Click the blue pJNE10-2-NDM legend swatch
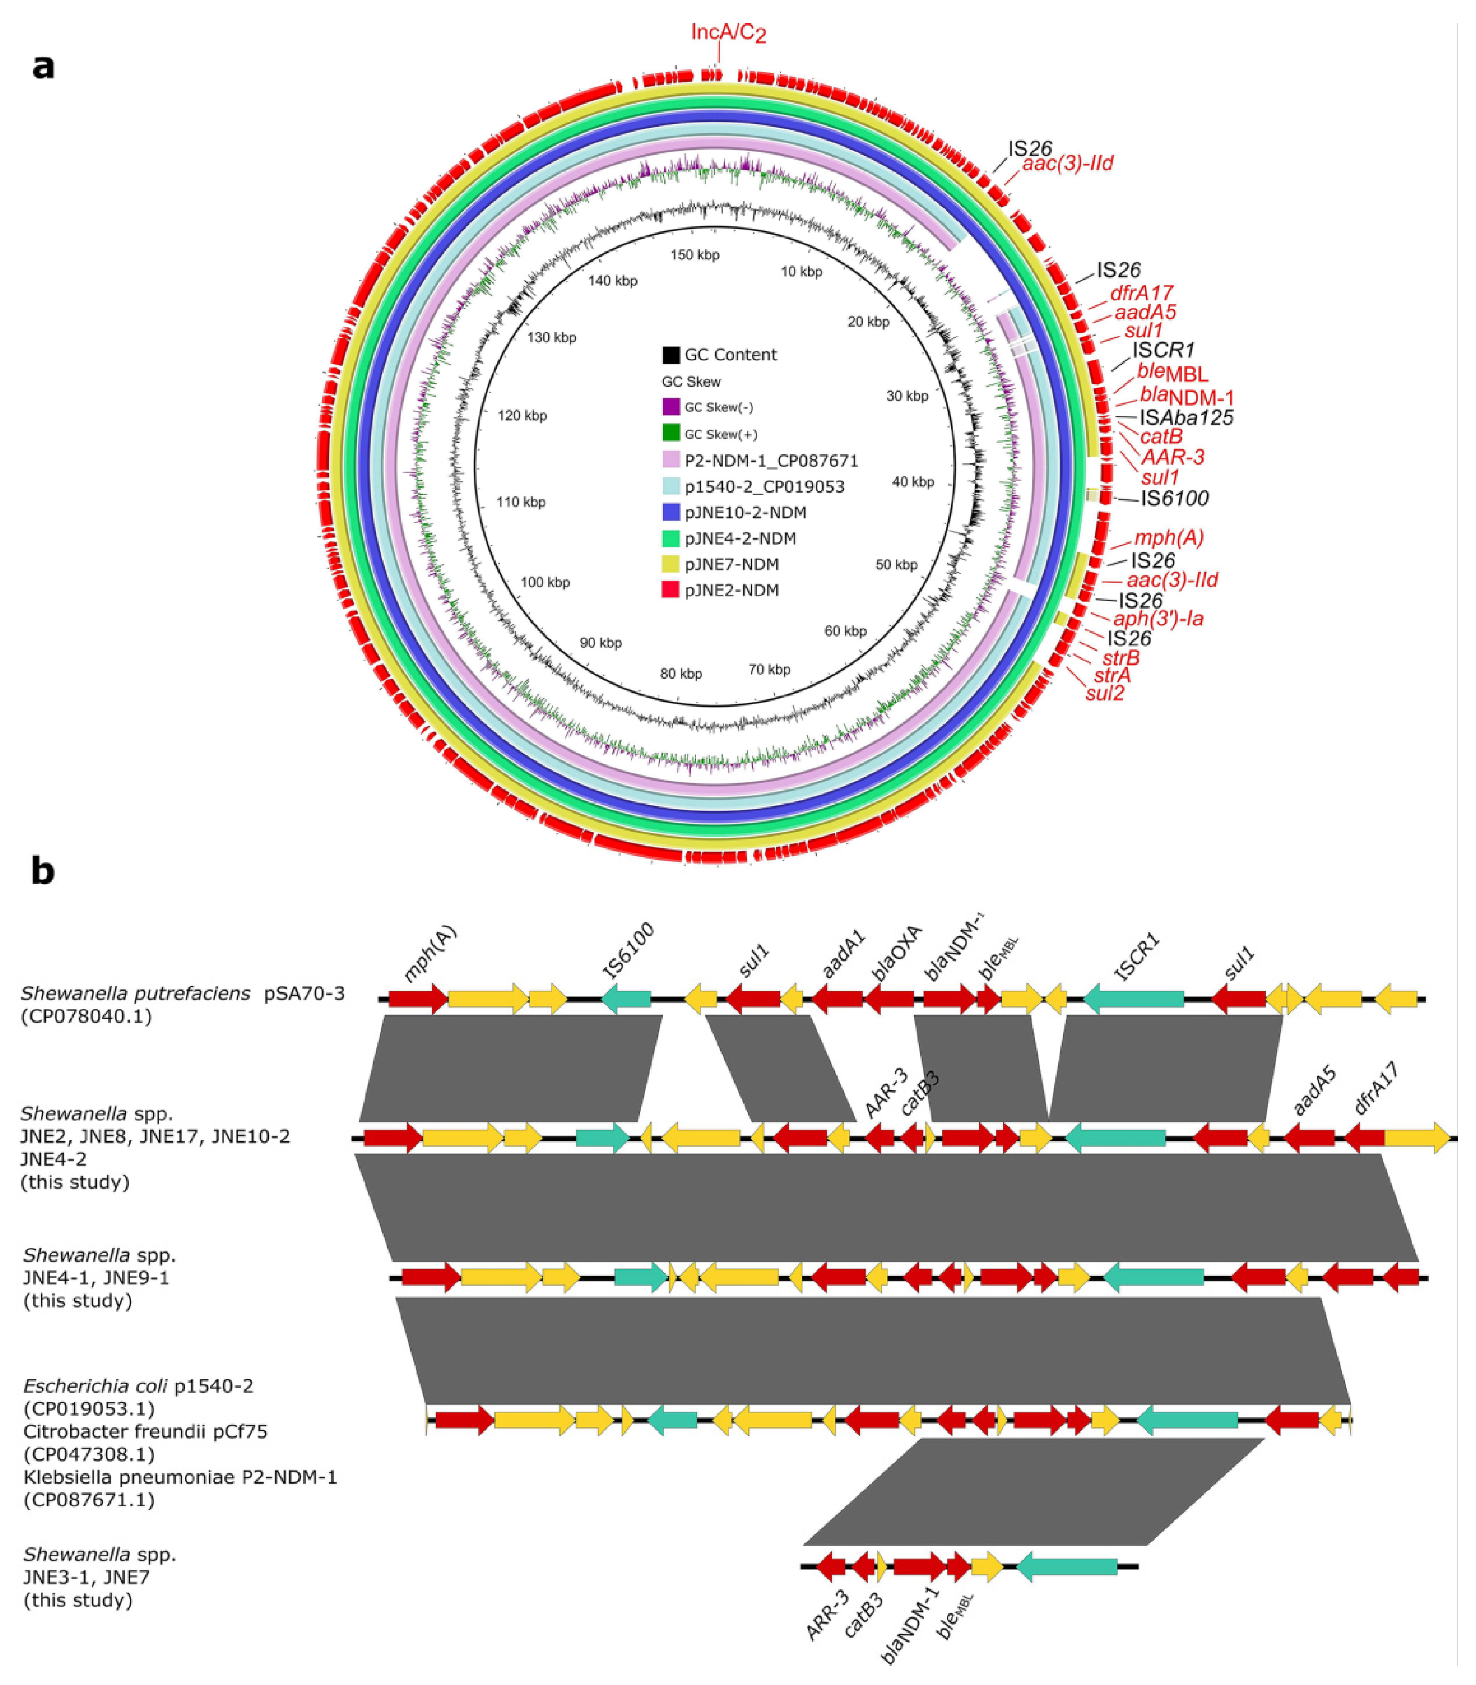(670, 512)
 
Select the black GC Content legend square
(670, 355)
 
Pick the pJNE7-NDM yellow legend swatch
(670, 564)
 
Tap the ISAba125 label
(1186, 418)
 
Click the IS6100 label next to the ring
(1174, 498)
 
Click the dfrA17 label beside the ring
(1141, 293)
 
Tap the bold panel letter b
(43, 870)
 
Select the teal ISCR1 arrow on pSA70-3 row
(1134, 999)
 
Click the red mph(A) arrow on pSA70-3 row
(417, 999)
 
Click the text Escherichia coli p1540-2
(138, 1385)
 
